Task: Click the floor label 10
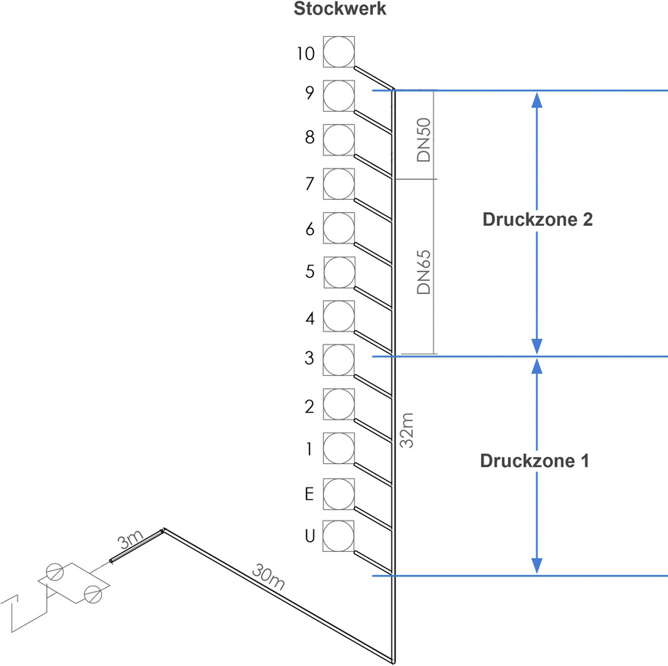coord(305,54)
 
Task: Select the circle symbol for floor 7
coord(339,184)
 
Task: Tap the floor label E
coord(309,495)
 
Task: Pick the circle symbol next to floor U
coord(339,536)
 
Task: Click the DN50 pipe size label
coord(423,139)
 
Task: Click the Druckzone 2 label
coord(537,220)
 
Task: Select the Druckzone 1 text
coord(535,462)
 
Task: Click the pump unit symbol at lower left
coord(74,582)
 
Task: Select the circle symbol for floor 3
coord(339,360)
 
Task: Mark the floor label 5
coord(309,271)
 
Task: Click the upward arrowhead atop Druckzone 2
coord(537,100)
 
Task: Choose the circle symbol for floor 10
coord(339,52)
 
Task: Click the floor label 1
coord(309,449)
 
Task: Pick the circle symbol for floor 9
coord(339,96)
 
